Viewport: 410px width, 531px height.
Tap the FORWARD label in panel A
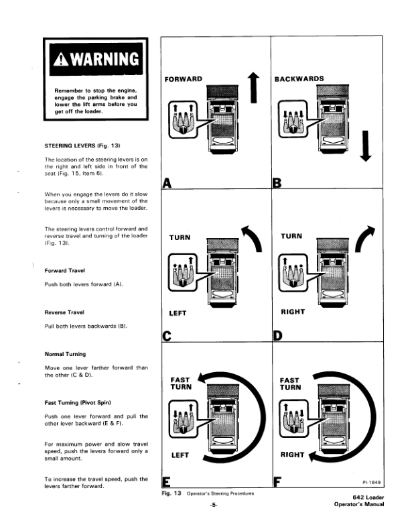(x=183, y=79)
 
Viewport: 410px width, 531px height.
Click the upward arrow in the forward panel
(x=253, y=88)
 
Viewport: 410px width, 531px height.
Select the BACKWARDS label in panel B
(x=299, y=78)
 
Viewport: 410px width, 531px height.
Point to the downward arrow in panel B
(x=365, y=145)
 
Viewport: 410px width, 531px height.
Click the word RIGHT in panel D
(x=293, y=311)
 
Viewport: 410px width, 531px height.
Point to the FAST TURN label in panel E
(x=181, y=383)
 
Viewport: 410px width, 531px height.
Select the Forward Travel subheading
(x=65, y=271)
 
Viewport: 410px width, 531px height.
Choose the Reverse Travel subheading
(x=65, y=312)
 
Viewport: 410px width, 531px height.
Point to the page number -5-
(x=214, y=505)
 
